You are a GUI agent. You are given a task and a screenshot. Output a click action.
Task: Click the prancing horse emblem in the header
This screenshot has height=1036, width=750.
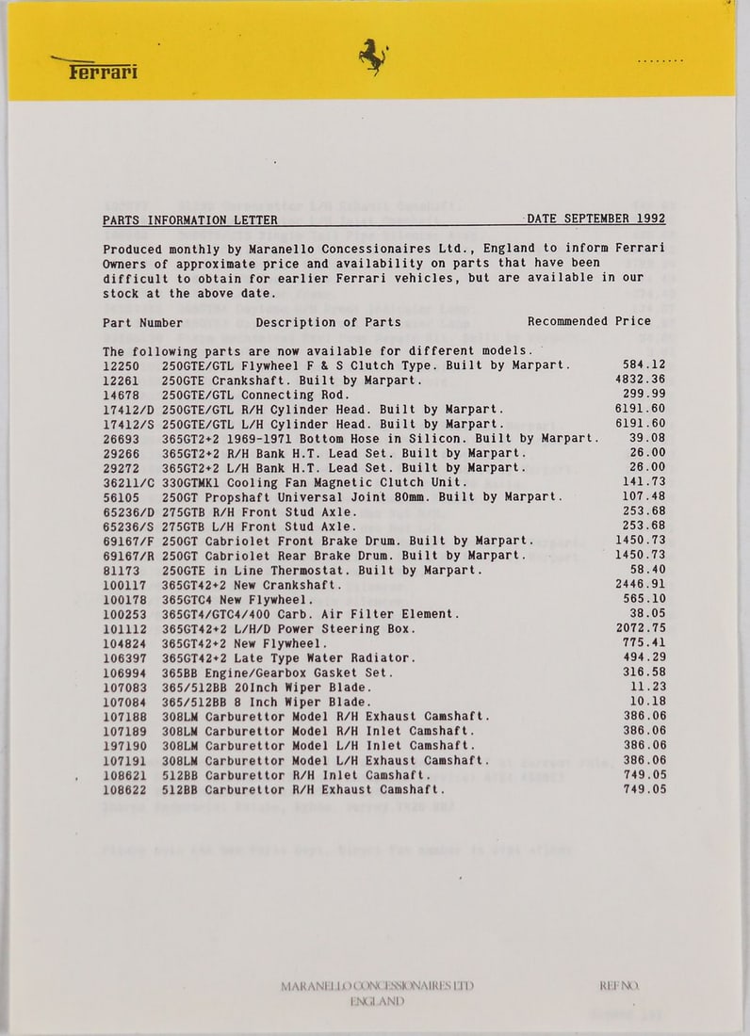373,57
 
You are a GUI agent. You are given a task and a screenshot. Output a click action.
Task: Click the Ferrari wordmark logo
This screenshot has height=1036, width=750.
102,71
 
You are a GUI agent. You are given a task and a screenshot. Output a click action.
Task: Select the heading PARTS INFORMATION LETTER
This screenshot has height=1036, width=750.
190,219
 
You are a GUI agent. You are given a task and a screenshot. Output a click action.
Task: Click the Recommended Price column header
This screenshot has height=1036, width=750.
589,321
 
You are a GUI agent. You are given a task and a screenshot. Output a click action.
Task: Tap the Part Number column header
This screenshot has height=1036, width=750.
143,322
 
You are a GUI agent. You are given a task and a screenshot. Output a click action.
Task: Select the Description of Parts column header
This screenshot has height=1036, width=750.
328,322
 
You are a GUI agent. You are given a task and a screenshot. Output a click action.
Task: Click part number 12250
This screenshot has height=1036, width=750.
121,365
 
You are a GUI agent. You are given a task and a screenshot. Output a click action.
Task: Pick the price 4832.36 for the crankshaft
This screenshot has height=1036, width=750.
640,380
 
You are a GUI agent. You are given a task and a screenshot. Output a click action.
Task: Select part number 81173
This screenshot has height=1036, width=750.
121,570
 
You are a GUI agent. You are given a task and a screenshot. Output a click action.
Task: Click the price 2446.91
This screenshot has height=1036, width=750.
640,585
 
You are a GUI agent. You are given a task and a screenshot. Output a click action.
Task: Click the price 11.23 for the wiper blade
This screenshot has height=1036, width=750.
648,688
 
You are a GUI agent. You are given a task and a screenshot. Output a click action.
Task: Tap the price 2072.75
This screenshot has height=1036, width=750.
640,628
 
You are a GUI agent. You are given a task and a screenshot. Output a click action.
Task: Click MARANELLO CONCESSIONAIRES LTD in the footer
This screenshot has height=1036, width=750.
377,986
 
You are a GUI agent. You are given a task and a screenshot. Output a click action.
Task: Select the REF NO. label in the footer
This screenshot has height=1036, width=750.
618,986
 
